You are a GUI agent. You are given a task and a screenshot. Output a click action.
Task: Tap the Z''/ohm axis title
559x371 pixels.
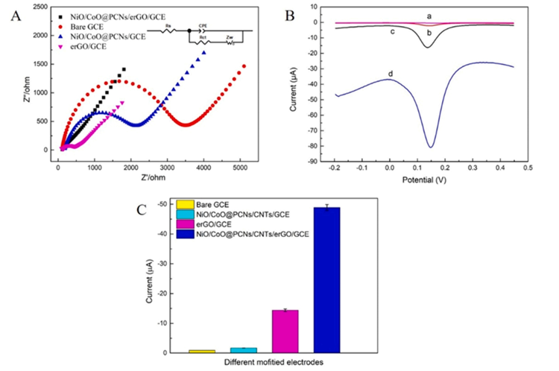click(x=19, y=78)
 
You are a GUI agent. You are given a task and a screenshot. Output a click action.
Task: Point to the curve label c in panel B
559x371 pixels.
click(x=391, y=31)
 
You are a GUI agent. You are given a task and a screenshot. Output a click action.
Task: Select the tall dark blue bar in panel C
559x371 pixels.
click(x=326, y=279)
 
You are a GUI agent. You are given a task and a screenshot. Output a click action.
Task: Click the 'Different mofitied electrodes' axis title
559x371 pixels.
click(x=265, y=363)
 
